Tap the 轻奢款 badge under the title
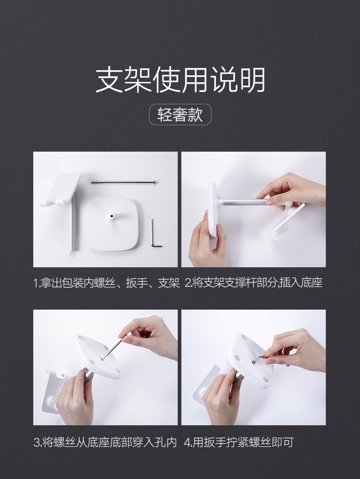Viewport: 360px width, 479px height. point(180,115)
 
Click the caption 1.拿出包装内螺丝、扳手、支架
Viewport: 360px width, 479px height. point(106,283)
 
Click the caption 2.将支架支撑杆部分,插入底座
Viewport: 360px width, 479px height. point(253,283)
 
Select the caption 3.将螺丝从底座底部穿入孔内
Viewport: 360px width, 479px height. point(105,442)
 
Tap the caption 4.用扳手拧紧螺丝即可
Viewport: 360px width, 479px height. point(239,442)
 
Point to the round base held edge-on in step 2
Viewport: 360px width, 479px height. point(213,209)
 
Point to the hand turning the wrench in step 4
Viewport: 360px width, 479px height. point(296,348)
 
